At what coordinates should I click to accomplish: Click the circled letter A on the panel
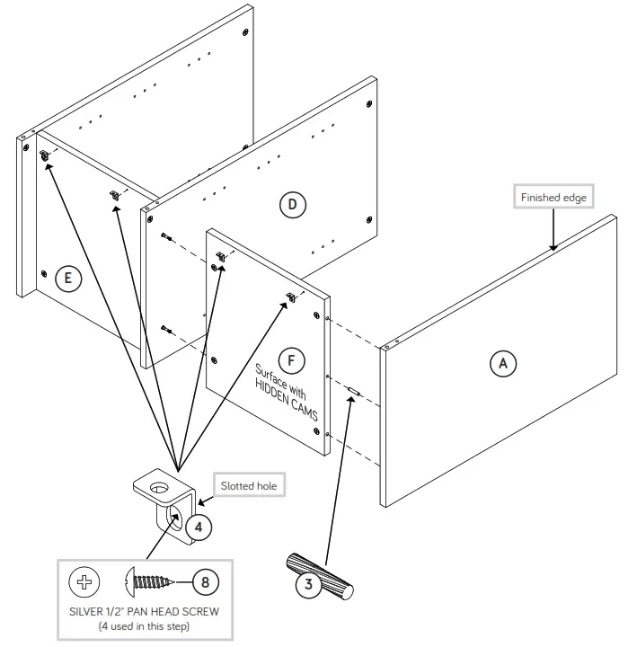(503, 362)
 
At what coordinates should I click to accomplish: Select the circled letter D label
(292, 205)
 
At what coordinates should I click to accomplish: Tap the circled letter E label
(65, 278)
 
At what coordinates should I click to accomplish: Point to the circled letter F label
(290, 359)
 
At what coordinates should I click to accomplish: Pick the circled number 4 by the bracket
(200, 526)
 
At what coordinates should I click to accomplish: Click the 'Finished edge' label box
(553, 197)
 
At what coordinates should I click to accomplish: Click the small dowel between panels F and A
(353, 393)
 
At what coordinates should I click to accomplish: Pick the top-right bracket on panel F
(290, 297)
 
